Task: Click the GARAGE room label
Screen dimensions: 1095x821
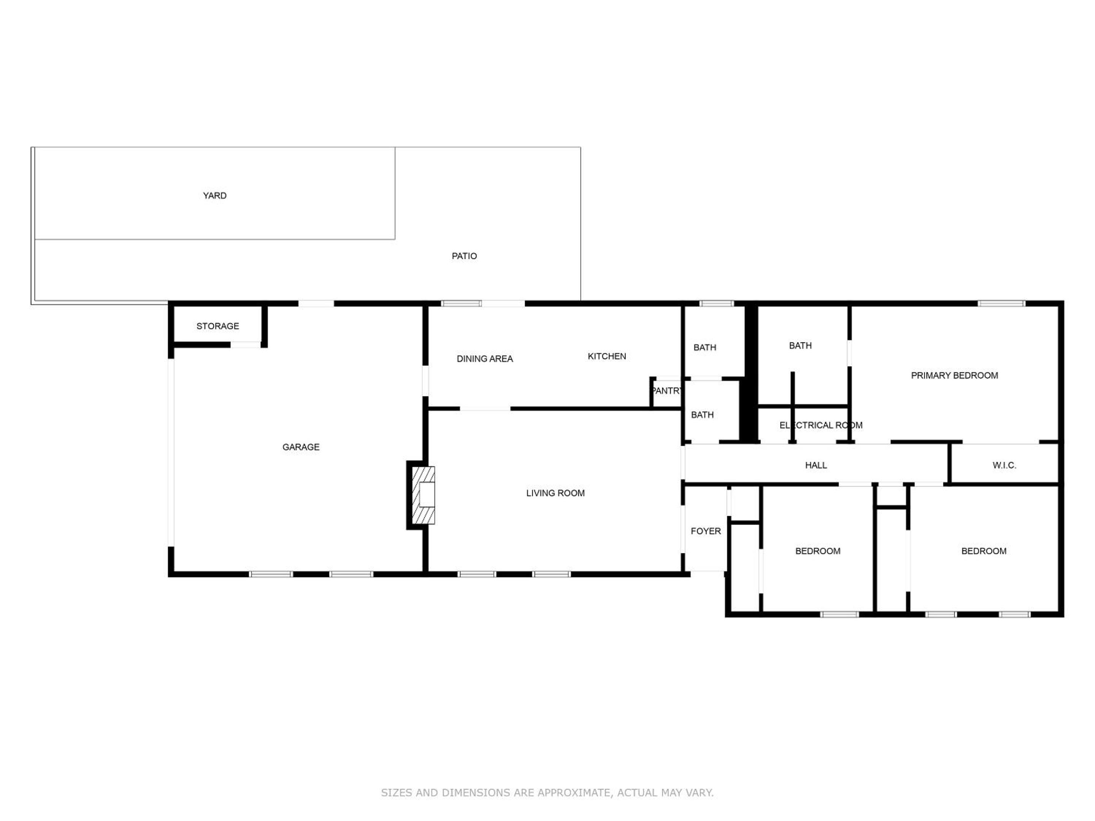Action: click(x=301, y=447)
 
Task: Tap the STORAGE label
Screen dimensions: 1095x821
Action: click(x=218, y=326)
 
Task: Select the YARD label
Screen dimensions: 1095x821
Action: click(x=215, y=195)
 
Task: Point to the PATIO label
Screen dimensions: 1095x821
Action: click(x=464, y=256)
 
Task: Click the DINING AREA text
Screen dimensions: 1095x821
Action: click(x=485, y=359)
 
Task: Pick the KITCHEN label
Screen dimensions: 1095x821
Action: click(x=607, y=356)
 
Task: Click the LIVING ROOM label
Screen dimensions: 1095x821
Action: click(x=555, y=493)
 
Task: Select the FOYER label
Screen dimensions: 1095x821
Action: click(x=706, y=531)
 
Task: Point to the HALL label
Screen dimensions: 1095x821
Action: click(x=816, y=465)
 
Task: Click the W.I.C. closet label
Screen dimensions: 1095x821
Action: click(x=1005, y=465)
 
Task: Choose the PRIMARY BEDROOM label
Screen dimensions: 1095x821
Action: click(x=954, y=376)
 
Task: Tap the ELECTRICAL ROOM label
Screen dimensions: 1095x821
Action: click(x=821, y=425)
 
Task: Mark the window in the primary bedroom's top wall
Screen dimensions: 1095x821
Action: click(x=1001, y=303)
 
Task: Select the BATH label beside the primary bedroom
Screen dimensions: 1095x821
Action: click(x=800, y=346)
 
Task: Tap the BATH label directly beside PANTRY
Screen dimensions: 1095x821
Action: click(x=703, y=415)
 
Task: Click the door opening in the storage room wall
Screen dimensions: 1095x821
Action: click(x=246, y=344)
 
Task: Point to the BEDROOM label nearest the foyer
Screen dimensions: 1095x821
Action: click(x=818, y=551)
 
